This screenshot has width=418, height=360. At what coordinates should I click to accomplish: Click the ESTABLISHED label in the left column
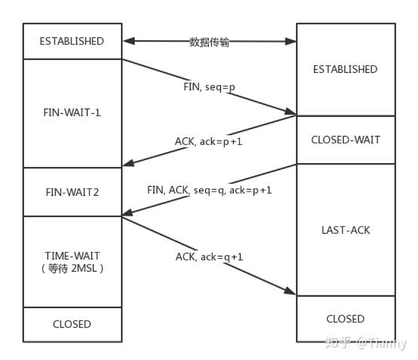point(72,41)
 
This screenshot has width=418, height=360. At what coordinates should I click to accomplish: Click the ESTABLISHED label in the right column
point(345,69)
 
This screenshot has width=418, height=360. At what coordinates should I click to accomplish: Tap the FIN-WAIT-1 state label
point(72,113)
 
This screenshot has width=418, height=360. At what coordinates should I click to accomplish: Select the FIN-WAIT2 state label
point(72,192)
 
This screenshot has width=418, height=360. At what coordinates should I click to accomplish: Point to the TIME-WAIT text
point(72,256)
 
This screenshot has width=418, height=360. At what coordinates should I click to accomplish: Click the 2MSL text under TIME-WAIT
point(84,268)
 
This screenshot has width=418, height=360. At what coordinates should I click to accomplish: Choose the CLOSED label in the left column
point(72,324)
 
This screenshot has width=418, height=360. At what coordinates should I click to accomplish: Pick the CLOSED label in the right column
point(346,319)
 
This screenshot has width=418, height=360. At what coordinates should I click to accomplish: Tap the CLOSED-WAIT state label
point(346,140)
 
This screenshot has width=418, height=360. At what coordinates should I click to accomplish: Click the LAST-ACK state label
point(346,230)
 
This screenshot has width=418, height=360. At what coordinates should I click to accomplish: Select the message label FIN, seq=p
point(209,87)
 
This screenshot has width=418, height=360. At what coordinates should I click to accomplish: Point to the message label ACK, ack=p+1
point(208,142)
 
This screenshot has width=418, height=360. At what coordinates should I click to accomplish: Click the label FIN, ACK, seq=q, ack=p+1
point(210,190)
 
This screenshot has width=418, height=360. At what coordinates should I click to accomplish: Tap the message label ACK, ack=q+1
point(209,257)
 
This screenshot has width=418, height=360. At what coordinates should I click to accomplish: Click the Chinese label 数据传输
point(209,42)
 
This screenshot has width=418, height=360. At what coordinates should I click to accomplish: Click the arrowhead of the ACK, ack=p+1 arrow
point(128,163)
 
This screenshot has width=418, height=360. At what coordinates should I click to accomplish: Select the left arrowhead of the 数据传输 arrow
point(129,41)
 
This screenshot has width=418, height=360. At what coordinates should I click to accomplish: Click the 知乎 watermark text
point(339,343)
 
